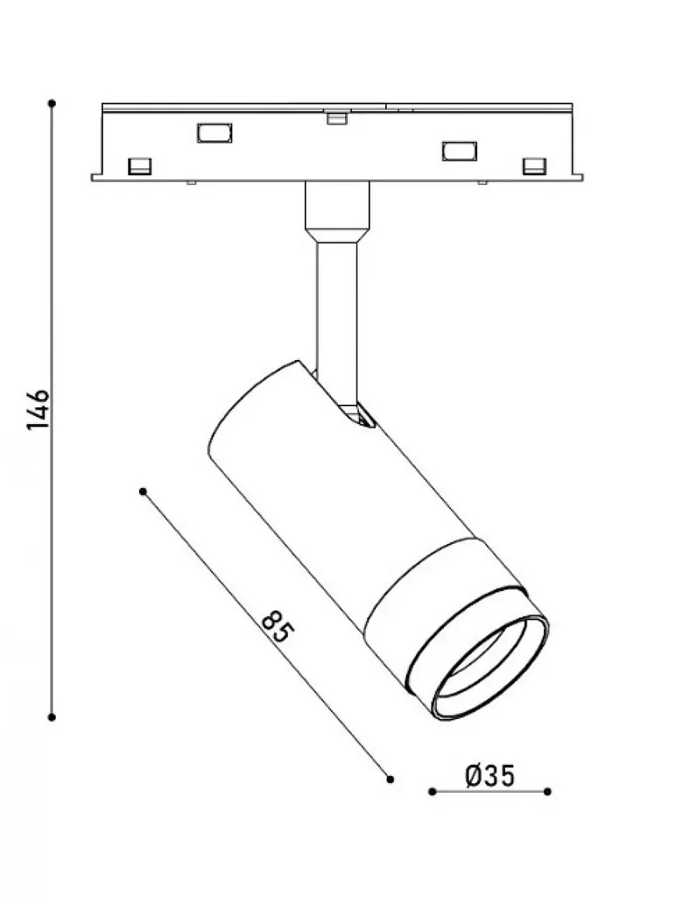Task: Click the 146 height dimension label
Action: [x=39, y=410]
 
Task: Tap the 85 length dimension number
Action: [x=278, y=627]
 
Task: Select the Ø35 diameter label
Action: [x=490, y=775]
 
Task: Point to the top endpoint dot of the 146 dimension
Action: [x=52, y=103]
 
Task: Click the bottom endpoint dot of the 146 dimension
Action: [x=52, y=717]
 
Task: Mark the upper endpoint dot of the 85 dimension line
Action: [x=143, y=491]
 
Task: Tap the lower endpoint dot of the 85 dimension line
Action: [x=390, y=779]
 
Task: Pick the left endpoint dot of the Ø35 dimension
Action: [x=433, y=792]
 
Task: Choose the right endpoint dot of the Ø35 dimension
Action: [x=548, y=792]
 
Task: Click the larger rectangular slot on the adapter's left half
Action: [x=215, y=133]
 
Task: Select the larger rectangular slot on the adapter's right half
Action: [x=459, y=151]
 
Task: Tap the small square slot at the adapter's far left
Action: [x=139, y=166]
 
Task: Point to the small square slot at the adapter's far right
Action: [x=534, y=166]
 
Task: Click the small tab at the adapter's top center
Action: [x=337, y=118]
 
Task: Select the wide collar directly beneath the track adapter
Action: [x=337, y=212]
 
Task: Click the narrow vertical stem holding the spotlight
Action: [x=337, y=321]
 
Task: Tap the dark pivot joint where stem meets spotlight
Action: [x=356, y=415]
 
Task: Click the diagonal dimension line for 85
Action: [x=266, y=635]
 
